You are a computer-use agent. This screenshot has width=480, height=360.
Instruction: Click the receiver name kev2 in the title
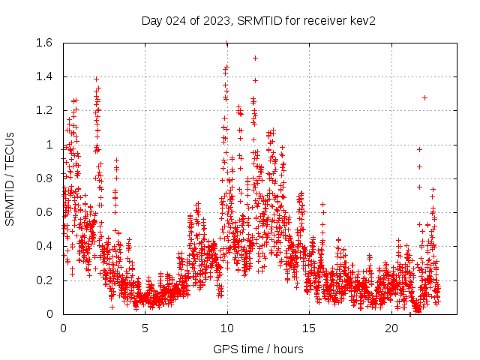pyautogui.click(x=361, y=21)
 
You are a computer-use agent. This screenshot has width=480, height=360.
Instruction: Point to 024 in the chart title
pyautogui.click(x=176, y=21)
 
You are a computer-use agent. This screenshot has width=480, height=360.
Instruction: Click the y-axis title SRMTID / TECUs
pyautogui.click(x=10, y=178)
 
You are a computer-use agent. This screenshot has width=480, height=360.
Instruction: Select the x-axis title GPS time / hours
pyautogui.click(x=258, y=349)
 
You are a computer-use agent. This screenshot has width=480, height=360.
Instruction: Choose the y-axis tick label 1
pyautogui.click(x=49, y=145)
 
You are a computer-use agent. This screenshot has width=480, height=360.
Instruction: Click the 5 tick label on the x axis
pyautogui.click(x=145, y=328)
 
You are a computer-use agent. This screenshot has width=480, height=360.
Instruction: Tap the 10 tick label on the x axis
pyautogui.click(x=227, y=328)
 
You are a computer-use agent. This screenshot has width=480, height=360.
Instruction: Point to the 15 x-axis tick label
pyautogui.click(x=310, y=328)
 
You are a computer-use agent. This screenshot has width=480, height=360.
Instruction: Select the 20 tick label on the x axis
pyautogui.click(x=391, y=328)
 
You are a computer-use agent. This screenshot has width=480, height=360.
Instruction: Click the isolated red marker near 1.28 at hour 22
pyautogui.click(x=424, y=97)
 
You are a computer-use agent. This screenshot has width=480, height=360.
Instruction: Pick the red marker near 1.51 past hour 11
pyautogui.click(x=255, y=58)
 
